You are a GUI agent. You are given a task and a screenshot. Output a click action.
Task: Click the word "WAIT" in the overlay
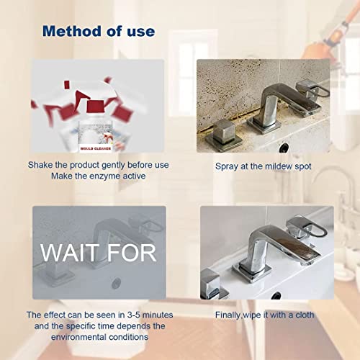(70, 253)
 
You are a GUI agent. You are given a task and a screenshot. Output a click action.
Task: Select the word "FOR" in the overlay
(130, 253)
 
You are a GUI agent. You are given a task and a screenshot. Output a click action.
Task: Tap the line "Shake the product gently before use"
(99, 166)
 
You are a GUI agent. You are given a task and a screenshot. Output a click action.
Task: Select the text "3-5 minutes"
(150, 315)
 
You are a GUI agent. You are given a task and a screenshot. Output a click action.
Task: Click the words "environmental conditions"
(99, 336)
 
